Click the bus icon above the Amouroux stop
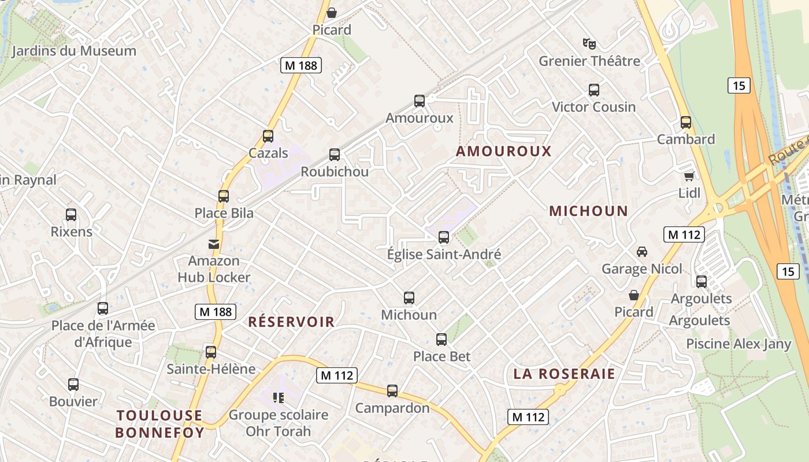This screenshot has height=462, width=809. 420,101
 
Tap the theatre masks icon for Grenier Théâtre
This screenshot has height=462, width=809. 589,43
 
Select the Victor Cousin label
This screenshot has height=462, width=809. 593,107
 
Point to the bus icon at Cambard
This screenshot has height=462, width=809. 686,122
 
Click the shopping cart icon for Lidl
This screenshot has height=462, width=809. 689,176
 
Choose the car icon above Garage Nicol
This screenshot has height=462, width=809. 641,252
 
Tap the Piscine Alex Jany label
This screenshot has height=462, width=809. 738,344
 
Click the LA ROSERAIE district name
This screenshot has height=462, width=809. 564,374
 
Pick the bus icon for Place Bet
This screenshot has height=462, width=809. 441,340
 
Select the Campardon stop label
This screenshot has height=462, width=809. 392,408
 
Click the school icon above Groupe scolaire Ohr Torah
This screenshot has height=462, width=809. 279,398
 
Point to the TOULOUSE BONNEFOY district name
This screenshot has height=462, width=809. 159,424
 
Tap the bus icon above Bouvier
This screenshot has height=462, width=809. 73,385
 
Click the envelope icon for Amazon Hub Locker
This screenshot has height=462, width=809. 214,244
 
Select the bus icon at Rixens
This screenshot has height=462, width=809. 71,215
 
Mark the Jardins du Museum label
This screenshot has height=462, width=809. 74,51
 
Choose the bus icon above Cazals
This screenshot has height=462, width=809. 268,136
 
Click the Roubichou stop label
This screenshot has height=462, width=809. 335,172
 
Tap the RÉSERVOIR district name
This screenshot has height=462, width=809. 291,322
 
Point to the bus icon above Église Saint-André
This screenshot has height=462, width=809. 444,237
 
